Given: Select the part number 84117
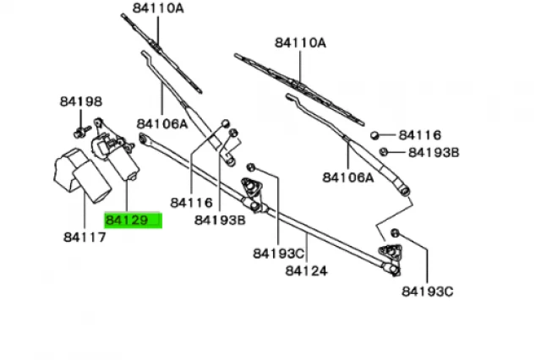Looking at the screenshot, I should click(84, 237).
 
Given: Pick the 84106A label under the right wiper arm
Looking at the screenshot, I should click(347, 177).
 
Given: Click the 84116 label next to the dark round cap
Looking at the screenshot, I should click(420, 134).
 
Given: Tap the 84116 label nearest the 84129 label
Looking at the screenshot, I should click(190, 204).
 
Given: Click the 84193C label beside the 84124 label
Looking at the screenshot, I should click(276, 253).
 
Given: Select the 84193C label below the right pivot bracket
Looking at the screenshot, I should click(427, 292).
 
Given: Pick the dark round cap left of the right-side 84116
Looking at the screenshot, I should click(374, 134).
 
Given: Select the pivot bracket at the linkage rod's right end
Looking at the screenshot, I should click(391, 254).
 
